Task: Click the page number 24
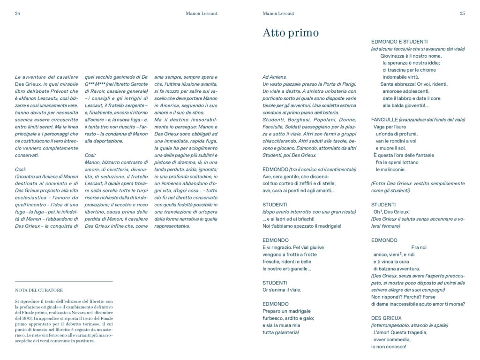point(17,13)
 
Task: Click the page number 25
point(462,13)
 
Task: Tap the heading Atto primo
point(291,33)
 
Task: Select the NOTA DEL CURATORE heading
point(39,290)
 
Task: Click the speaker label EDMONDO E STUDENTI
point(399,41)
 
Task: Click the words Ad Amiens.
point(275,76)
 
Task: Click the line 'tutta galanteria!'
point(281,332)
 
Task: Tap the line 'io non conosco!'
point(389,346)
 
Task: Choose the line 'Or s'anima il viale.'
point(282,290)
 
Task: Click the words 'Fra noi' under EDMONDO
point(418,247)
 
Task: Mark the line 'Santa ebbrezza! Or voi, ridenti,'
point(414,84)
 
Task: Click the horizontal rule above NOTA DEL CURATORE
point(64,281)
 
